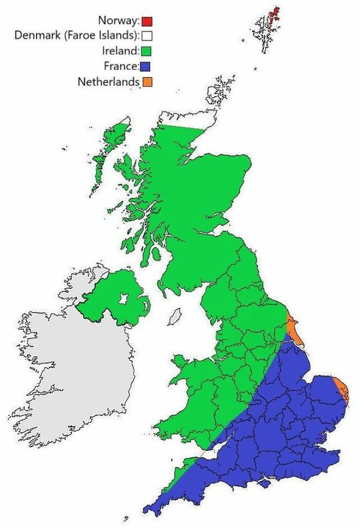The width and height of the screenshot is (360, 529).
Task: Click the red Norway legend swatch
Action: click(148, 21)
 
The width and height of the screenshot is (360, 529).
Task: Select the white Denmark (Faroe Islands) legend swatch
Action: click(148, 36)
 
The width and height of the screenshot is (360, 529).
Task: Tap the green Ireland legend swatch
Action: click(147, 51)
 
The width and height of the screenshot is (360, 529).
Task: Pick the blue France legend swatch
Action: click(147, 66)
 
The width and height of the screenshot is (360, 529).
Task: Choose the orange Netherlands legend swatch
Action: click(147, 81)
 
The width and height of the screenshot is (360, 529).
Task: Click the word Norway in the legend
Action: click(118, 21)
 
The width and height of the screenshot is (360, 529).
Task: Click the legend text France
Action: click(121, 66)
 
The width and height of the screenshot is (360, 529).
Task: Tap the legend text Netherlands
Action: click(109, 81)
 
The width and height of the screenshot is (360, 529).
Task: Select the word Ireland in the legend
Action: click(121, 51)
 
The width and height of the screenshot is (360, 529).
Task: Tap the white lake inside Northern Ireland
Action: click(124, 299)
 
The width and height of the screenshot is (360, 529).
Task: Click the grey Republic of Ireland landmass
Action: click(72, 371)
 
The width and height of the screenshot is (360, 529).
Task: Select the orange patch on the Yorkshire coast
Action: click(292, 326)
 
